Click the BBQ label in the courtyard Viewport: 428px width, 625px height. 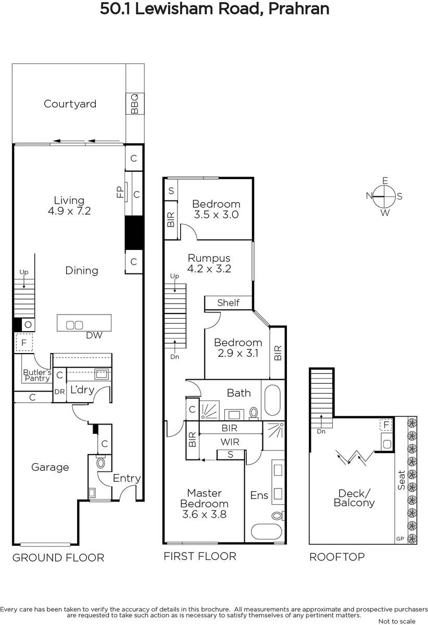coord(134,104)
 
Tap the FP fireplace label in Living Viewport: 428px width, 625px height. coord(120,192)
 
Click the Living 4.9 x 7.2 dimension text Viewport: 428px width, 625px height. coord(69,211)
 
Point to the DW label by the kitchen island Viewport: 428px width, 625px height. coord(94,335)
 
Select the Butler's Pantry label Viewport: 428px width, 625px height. coord(37,375)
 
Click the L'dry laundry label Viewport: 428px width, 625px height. coord(82,390)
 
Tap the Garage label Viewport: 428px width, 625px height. coord(50,467)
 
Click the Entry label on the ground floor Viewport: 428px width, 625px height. coord(127,478)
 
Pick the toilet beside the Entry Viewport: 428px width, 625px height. coord(100,463)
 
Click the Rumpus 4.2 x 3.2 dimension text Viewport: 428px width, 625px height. coord(209,269)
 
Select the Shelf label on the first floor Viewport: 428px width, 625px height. coord(228,303)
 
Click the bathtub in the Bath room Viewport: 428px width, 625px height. coord(272,401)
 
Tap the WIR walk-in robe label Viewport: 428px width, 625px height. coord(230,442)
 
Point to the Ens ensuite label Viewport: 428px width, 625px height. coord(259,495)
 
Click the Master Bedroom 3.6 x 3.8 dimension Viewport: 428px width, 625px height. coord(205,514)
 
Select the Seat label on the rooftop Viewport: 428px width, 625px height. coord(401,480)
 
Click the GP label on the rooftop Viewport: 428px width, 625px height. coord(400,539)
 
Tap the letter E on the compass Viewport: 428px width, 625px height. coord(385,181)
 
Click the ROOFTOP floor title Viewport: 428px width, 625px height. coord(337,557)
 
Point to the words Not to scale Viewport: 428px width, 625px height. coord(397,621)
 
